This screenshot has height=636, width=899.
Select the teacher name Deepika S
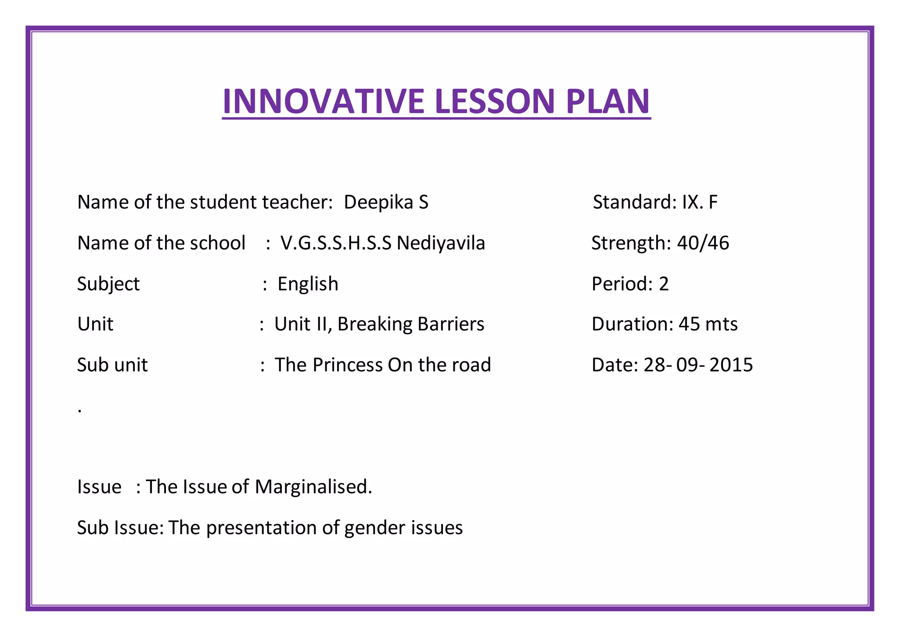click(x=386, y=202)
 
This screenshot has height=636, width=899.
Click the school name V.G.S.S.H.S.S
click(x=336, y=243)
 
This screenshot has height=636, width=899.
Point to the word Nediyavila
click(x=441, y=243)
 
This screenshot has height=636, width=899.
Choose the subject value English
click(x=308, y=284)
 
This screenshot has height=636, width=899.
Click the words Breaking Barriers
click(x=410, y=325)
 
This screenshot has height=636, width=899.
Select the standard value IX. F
click(x=699, y=202)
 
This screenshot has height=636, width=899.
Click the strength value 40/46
click(x=703, y=243)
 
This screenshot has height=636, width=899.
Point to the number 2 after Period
click(x=664, y=284)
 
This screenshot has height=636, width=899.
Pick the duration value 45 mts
click(x=708, y=325)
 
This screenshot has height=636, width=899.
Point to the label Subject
click(x=108, y=284)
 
